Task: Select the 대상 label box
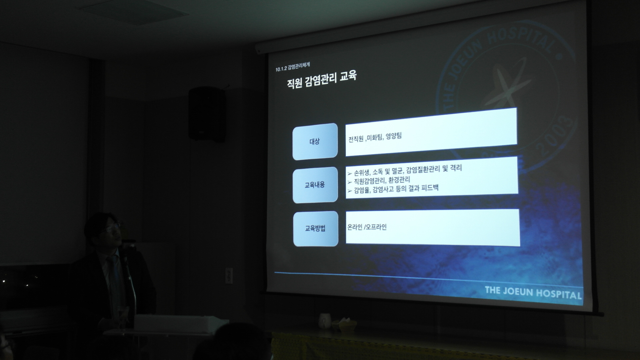pyautogui.click(x=315, y=141)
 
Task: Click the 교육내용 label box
pyautogui.click(x=315, y=185)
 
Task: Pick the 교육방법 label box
pyautogui.click(x=315, y=229)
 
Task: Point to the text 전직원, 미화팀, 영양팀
pyautogui.click(x=375, y=137)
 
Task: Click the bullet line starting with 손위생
pyautogui.click(x=404, y=171)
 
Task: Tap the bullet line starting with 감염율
pyautogui.click(x=393, y=190)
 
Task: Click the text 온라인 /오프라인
pyautogui.click(x=367, y=227)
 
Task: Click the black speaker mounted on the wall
pyautogui.click(x=207, y=113)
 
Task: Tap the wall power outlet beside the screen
pyautogui.click(x=228, y=276)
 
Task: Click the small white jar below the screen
pyautogui.click(x=324, y=321)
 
